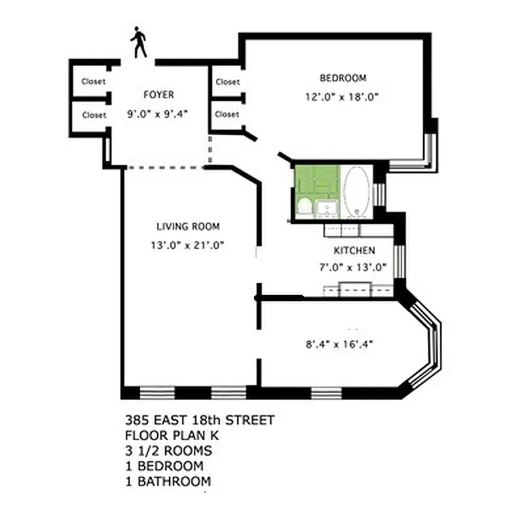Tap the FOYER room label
pyautogui.click(x=159, y=95)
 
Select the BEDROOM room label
pyautogui.click(x=343, y=79)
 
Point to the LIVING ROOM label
pyautogui.click(x=188, y=227)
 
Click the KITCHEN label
pyautogui.click(x=354, y=251)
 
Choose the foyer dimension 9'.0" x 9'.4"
pyautogui.click(x=158, y=113)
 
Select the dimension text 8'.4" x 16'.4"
pyautogui.click(x=344, y=343)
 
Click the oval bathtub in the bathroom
pyautogui.click(x=356, y=191)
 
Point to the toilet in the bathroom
pyautogui.click(x=305, y=207)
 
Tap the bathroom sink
pyautogui.click(x=326, y=209)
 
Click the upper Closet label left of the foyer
pyautogui.click(x=94, y=82)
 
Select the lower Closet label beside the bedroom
pyautogui.click(x=227, y=114)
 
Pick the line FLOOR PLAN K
pyautogui.click(x=164, y=436)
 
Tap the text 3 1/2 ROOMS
pyautogui.click(x=168, y=451)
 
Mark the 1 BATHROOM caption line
pyautogui.click(x=168, y=481)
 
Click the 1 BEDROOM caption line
pyautogui.click(x=164, y=466)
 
